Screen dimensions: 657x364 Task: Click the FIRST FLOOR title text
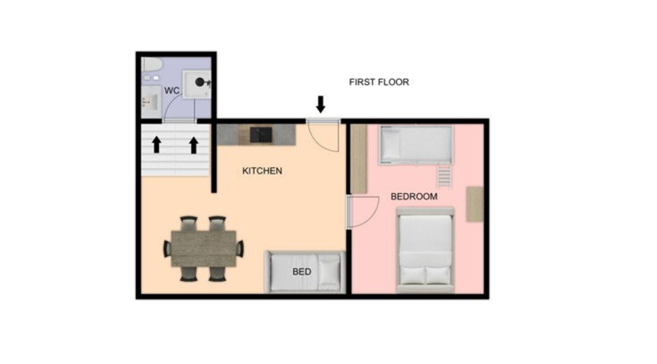(379, 82)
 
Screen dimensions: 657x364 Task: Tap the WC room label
(172, 91)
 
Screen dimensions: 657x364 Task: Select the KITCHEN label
(262, 171)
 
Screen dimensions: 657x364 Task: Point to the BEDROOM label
(414, 197)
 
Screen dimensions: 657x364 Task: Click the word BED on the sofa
(302, 272)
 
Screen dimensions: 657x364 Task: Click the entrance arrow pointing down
(321, 104)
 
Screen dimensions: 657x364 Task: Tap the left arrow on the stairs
(157, 145)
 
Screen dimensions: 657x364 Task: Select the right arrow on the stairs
(194, 145)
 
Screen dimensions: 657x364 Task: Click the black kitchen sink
(261, 135)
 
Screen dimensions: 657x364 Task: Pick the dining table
(204, 249)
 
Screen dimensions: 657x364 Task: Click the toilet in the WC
(152, 65)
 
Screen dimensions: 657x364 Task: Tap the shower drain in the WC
(199, 82)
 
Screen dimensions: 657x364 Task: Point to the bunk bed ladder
(445, 175)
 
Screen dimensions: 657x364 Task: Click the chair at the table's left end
(167, 249)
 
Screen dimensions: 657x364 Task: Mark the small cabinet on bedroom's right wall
(475, 204)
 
